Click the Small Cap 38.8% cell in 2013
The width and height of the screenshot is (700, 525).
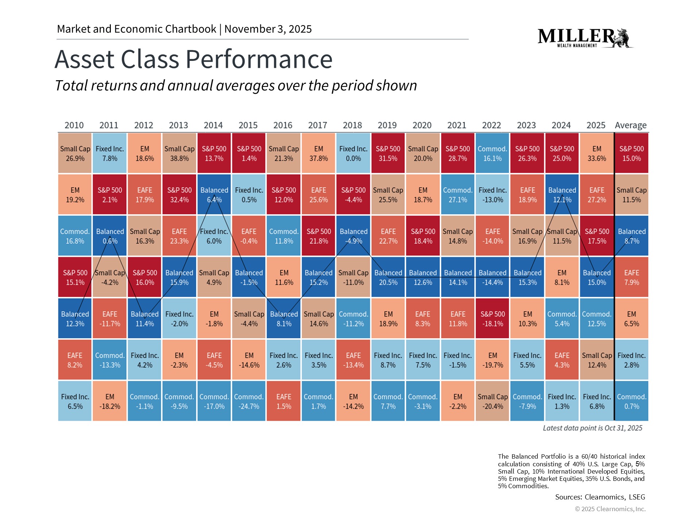(x=179, y=153)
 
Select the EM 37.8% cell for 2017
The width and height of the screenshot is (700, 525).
(x=318, y=153)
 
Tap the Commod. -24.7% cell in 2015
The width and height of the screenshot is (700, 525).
(x=249, y=401)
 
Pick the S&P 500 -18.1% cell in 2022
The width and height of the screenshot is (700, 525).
(x=492, y=319)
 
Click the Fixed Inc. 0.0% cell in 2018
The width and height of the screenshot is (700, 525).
(x=353, y=153)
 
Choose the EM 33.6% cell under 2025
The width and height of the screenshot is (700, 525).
(x=596, y=153)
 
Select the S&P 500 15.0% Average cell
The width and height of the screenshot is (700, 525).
(x=631, y=153)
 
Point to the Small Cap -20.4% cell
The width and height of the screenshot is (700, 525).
(x=492, y=401)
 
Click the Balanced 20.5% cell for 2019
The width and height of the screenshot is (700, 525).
(x=388, y=277)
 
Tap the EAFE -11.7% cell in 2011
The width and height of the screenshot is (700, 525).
(x=109, y=319)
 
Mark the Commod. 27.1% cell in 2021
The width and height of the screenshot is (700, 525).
(x=458, y=195)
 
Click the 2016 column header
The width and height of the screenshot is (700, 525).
(x=283, y=125)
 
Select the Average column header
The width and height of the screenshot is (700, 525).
(x=631, y=125)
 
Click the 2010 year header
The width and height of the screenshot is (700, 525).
(x=74, y=125)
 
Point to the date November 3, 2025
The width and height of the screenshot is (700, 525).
(x=268, y=29)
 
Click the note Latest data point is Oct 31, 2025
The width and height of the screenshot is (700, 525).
(x=592, y=428)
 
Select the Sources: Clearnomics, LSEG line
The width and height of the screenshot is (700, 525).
(x=600, y=497)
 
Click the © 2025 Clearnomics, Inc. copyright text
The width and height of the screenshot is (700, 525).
(x=610, y=509)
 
